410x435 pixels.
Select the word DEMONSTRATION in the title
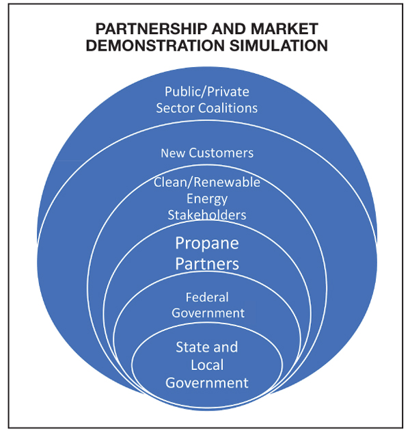point(155,46)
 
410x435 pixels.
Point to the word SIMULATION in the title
point(278,46)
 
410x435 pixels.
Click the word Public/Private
point(207,92)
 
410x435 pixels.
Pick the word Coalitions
point(228,108)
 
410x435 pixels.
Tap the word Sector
point(176,108)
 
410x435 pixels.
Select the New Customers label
point(207,153)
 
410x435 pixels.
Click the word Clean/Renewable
point(207,182)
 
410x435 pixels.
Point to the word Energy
point(207,199)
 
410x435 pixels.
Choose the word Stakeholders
point(207,215)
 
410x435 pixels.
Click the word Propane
point(207,244)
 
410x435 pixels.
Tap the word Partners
point(207,263)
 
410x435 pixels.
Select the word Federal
point(207,297)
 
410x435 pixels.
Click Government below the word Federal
point(208,313)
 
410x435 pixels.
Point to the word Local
point(207,365)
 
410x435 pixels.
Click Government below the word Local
point(207,383)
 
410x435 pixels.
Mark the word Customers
point(221,153)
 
